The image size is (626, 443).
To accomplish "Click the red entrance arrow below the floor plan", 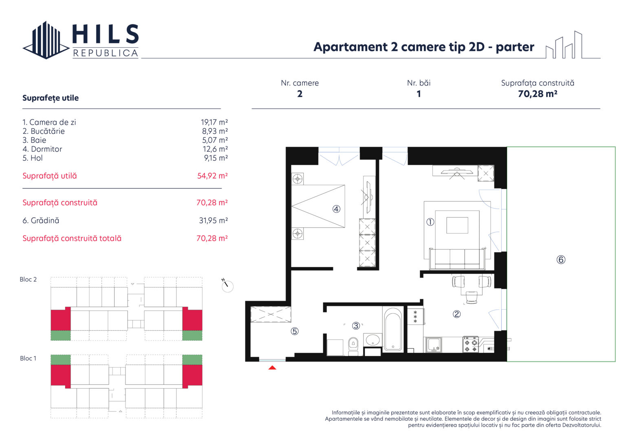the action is coord(272,368).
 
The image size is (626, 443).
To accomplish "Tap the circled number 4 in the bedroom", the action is coord(336,209).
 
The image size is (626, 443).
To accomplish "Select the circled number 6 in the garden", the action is coord(561,259).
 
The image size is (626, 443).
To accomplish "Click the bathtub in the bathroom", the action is coord(393,329).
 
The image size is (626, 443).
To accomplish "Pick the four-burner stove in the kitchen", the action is coord(471,345).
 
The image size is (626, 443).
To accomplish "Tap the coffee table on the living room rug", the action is coord(457,225).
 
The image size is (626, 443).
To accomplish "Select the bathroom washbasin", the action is coord(373,340).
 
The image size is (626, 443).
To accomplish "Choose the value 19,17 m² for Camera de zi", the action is coord(214,122).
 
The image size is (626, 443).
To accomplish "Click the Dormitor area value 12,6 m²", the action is coord(215,149).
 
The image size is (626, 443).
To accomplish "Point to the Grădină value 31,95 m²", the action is coord(213,221).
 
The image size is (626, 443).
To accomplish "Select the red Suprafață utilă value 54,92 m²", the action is coord(212,176).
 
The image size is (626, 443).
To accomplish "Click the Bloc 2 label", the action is coord(28,279).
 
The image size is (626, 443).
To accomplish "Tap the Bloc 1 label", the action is coord(28,358).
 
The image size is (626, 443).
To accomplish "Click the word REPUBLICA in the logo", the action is coord(106,53).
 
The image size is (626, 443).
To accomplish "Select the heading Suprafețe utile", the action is coord(51,98).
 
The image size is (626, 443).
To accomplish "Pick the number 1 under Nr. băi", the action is coord(419,94).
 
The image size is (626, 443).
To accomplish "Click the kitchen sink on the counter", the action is coord(434,345).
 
